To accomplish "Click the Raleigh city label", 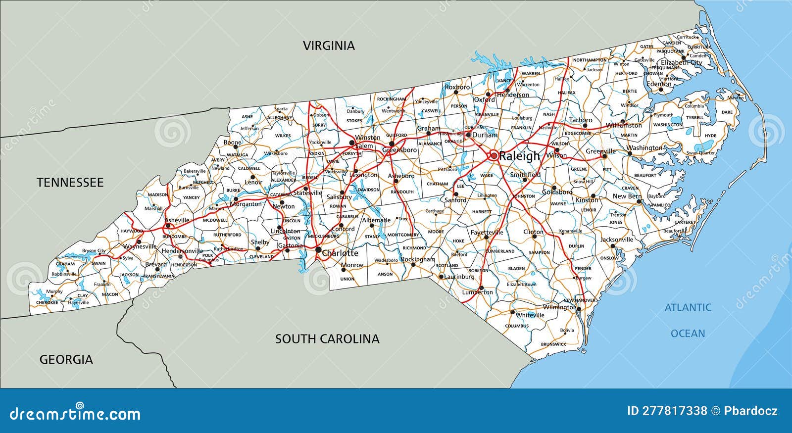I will [x=520, y=156].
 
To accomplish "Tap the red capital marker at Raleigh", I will [x=494, y=155].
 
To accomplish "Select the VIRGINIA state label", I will [x=329, y=46].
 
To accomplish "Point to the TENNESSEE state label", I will [x=70, y=183].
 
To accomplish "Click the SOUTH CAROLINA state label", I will [x=327, y=339].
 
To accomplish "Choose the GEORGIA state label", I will [x=66, y=360].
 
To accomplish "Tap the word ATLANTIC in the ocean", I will [x=688, y=308].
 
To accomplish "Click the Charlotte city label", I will [x=340, y=253].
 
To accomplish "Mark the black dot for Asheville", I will [x=168, y=226].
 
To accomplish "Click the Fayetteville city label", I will [x=487, y=232].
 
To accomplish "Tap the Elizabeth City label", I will [x=681, y=63].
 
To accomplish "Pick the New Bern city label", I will [x=627, y=196].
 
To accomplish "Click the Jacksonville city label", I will [x=616, y=240].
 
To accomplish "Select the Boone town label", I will [x=232, y=143].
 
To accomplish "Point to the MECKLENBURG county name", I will [x=322, y=237].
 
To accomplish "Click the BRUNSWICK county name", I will [x=553, y=344].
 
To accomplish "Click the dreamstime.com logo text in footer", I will [x=75, y=414].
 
